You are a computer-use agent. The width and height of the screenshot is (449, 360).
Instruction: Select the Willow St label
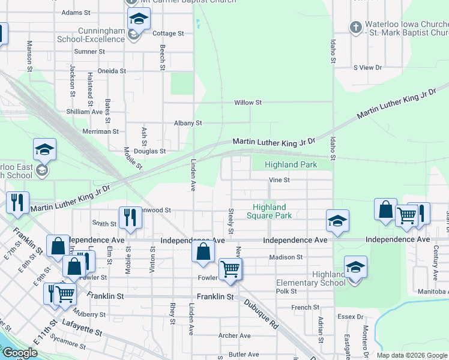coord(248,103)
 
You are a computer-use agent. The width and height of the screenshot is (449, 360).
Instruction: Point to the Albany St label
coord(188,123)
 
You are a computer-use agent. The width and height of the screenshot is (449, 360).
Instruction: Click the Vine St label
coord(279,179)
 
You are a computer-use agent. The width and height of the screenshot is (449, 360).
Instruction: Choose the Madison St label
coord(286,257)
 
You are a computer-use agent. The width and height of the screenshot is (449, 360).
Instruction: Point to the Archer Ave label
coord(235,336)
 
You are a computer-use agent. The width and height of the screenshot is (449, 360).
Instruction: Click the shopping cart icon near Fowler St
coord(231,268)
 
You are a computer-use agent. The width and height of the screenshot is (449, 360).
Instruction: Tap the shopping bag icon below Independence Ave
coord(203,251)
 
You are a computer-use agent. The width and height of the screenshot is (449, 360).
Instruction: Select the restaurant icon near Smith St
coord(130,218)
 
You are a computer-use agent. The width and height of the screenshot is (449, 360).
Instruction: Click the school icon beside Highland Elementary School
coord(356,266)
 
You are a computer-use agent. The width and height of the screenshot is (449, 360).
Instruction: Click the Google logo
coord(20,353)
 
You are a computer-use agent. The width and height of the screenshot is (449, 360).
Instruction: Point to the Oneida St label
coord(112,71)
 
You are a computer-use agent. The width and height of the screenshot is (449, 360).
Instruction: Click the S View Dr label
coord(367,68)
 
